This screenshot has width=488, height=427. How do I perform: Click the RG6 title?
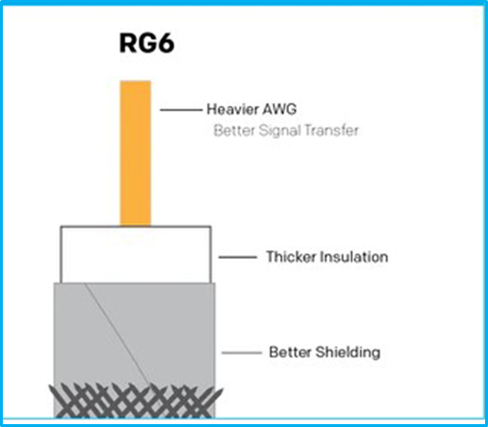coord(146,43)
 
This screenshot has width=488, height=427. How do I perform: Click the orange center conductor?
coord(136,153)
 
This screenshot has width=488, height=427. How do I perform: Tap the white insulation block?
coord(136,254)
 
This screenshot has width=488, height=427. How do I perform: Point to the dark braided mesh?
coord(136,401)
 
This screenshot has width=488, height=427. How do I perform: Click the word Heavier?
coord(233,109)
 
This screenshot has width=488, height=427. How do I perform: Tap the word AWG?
coord(279,109)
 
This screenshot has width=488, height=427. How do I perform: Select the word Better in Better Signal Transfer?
coord(234,130)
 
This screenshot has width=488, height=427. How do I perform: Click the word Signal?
coord(279,131)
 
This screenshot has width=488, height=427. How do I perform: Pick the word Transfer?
coord(331,130)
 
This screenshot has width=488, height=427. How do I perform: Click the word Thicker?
coord(291,257)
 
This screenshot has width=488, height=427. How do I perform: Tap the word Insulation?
coord(354,257)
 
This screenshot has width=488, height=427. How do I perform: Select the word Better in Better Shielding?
coord(290,352)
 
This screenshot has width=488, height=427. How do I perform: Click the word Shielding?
coord(348,352)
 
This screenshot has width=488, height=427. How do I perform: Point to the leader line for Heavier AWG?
coord(181,110)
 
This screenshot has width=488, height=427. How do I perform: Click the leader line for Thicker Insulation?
coord(237,257)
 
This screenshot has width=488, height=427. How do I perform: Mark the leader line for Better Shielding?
coord(241,352)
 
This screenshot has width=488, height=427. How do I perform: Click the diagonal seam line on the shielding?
coord(117,334)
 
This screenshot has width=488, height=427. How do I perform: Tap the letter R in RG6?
coord(127,43)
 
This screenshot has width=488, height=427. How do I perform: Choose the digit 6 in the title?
coord(166,43)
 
